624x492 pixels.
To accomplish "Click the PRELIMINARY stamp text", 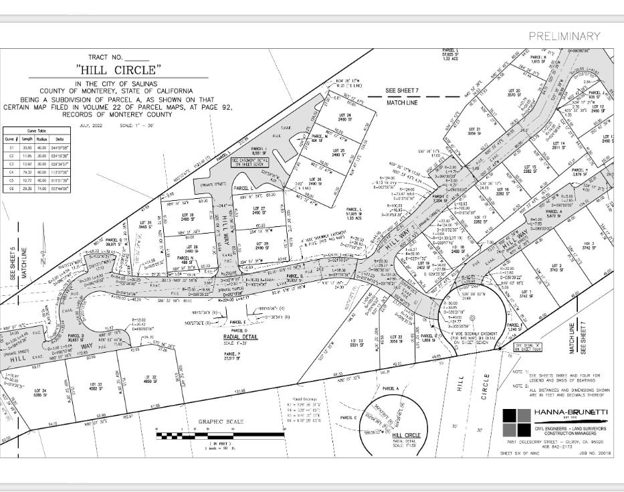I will [564, 36].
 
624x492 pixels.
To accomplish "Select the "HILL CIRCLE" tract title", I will [119, 70].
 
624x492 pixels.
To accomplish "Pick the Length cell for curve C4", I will [27, 172].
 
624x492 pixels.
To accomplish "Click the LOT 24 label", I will [345, 116].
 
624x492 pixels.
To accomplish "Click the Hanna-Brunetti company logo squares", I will [516, 421].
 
